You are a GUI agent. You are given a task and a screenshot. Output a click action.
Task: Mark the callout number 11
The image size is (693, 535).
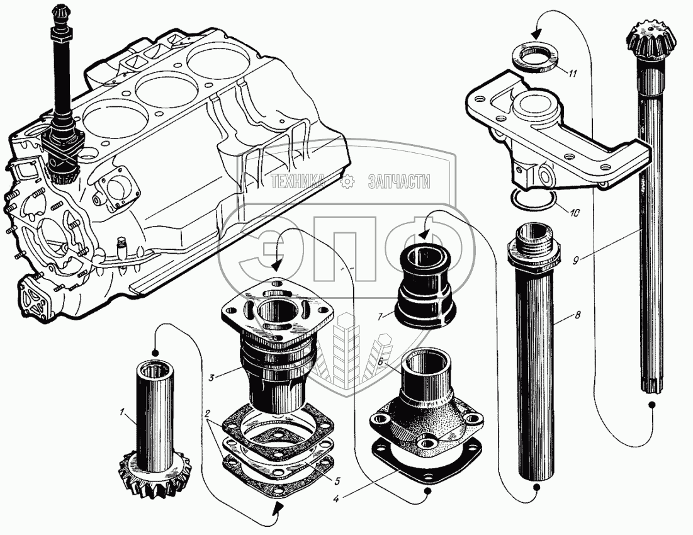(x=571, y=74)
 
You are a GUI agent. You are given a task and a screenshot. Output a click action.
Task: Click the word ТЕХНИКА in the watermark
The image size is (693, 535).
(x=300, y=183)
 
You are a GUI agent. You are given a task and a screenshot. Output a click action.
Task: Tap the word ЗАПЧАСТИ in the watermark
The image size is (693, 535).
(x=398, y=183)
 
